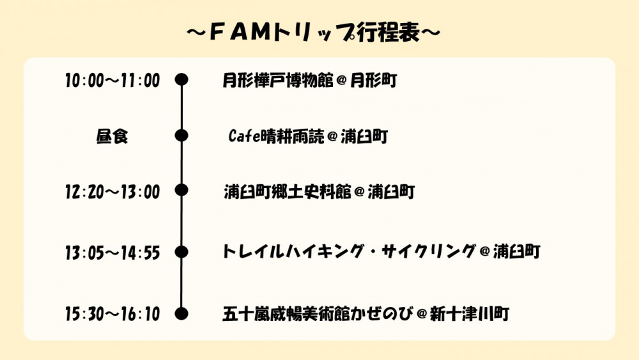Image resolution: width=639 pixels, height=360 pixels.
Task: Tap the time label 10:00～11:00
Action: [112, 81]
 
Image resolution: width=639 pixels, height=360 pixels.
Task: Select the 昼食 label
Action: [112, 136]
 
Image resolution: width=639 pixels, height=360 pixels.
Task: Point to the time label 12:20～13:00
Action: [112, 192]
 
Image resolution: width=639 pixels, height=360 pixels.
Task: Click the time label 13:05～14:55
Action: [112, 253]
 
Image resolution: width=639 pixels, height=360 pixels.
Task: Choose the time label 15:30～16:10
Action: [112, 314]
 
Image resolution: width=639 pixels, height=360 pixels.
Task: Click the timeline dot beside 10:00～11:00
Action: [181, 80]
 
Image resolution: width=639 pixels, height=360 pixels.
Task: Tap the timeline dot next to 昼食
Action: [181, 136]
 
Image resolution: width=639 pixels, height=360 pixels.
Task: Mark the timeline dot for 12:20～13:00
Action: [181, 191]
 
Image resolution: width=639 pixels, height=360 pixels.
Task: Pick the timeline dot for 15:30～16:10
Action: [181, 313]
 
